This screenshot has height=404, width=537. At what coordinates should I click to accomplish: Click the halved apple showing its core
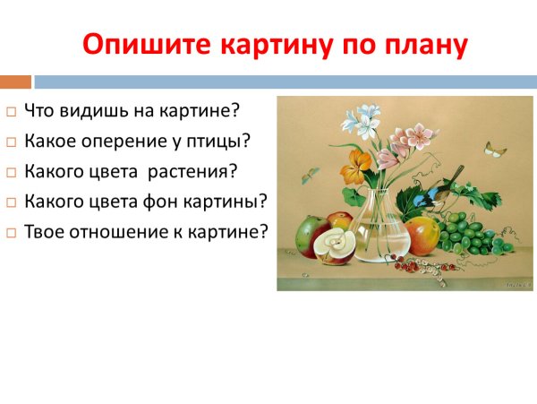pos(337,243)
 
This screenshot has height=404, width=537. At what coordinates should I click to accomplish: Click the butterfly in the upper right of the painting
pos(496,148)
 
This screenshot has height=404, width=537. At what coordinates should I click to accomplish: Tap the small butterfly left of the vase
pos(310,176)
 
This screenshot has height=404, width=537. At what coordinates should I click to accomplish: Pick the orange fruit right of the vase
pos(423,236)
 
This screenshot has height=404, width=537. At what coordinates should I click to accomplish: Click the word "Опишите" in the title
pos(139,44)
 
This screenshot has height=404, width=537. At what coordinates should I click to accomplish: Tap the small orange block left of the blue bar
pos(15,81)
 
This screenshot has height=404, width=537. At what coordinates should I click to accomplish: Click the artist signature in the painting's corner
pos(516,283)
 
